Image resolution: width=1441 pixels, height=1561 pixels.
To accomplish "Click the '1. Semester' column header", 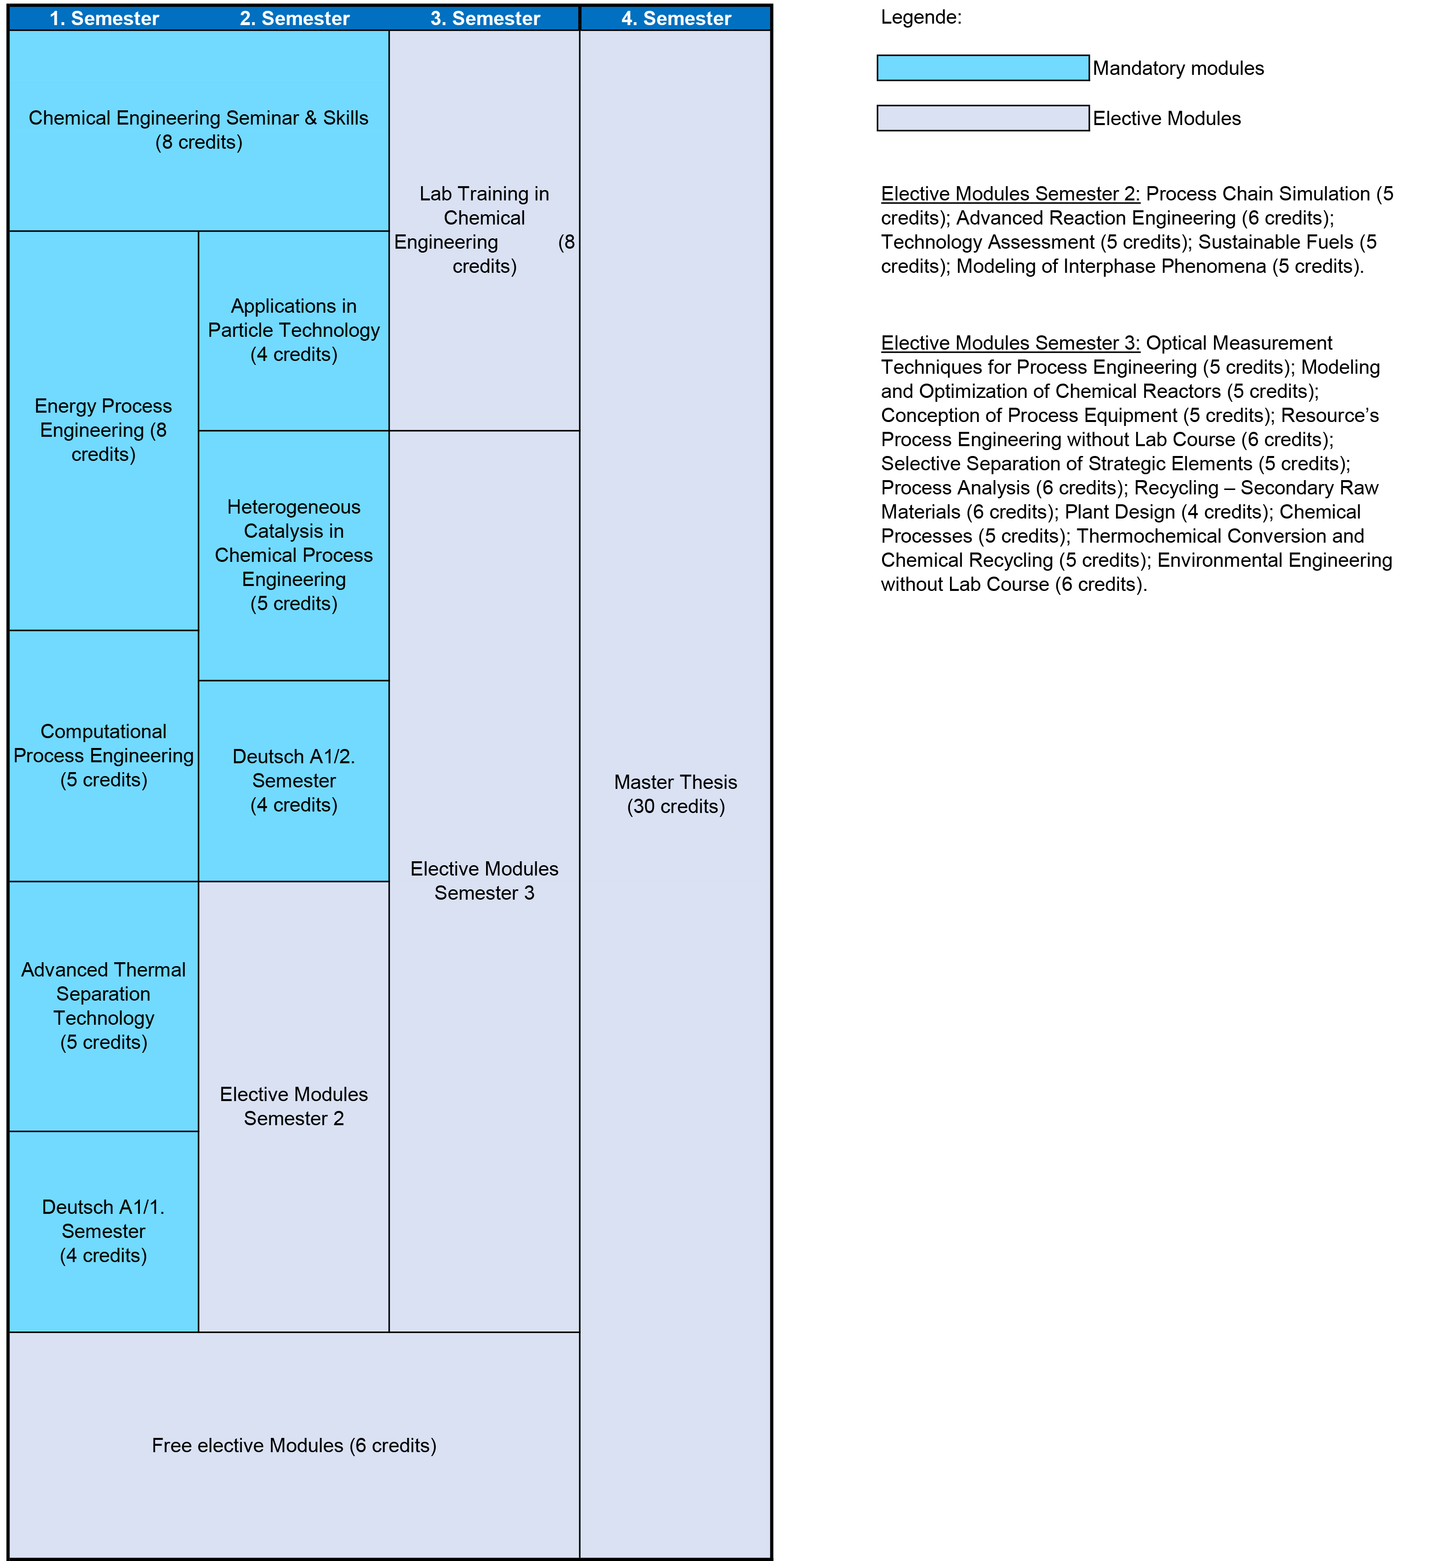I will [104, 18].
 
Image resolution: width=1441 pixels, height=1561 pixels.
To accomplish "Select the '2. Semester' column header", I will [294, 18].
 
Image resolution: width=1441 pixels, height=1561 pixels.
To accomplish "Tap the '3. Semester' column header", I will [485, 18].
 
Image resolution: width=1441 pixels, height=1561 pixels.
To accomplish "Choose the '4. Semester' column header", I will [676, 18].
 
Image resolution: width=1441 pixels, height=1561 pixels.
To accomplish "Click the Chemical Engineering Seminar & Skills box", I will [199, 130].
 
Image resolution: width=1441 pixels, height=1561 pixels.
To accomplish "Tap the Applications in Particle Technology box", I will [294, 330].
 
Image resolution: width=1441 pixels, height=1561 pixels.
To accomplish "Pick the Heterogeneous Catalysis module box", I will [294, 554].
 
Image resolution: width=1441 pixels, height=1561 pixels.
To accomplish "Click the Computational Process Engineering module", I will [104, 755].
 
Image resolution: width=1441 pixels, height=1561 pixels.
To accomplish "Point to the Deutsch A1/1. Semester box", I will [104, 1231].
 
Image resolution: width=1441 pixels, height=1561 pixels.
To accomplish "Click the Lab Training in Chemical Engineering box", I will [484, 229].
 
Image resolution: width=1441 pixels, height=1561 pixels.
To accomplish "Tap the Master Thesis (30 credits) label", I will [676, 794].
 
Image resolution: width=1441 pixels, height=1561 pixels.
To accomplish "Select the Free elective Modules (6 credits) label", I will [294, 1445].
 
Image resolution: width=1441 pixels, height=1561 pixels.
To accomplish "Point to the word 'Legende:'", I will [921, 17].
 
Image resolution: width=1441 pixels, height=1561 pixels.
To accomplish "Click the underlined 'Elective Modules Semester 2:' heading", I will [1010, 194].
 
